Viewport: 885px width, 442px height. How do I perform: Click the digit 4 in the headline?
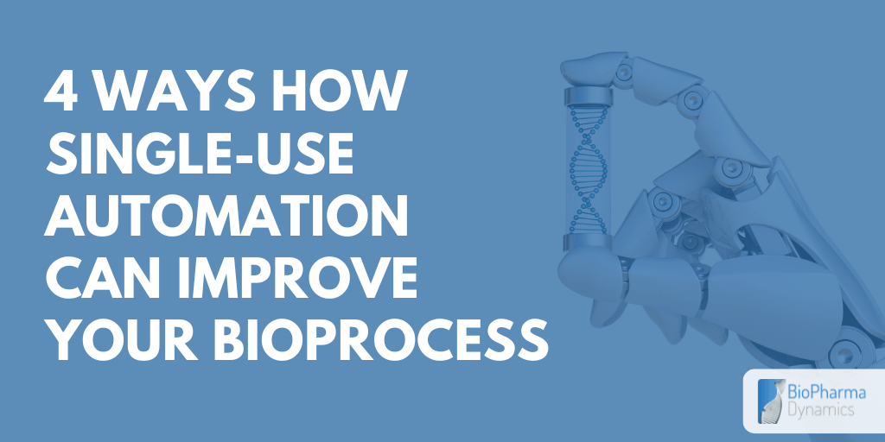[x=60, y=93]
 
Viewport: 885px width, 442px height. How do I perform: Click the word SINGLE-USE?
[x=200, y=156]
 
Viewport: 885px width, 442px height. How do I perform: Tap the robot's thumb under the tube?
[x=605, y=268]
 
